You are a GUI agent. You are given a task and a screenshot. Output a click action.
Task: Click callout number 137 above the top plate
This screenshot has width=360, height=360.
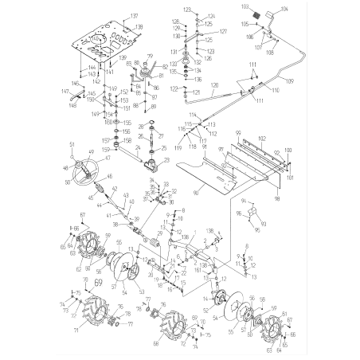pyautogui.click(x=135, y=16)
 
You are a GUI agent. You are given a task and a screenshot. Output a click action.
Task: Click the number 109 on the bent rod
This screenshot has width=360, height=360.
pyautogui.click(x=288, y=82)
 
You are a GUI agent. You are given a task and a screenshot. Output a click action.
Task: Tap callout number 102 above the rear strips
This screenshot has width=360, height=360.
pyautogui.click(x=260, y=139)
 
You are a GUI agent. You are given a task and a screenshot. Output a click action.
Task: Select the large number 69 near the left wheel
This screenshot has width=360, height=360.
pyautogui.click(x=99, y=281)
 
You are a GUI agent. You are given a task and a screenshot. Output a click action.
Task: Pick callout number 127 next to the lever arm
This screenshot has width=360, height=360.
pyautogui.click(x=224, y=31)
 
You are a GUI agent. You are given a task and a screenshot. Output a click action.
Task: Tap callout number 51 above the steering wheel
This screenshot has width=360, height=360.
pyautogui.click(x=72, y=143)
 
